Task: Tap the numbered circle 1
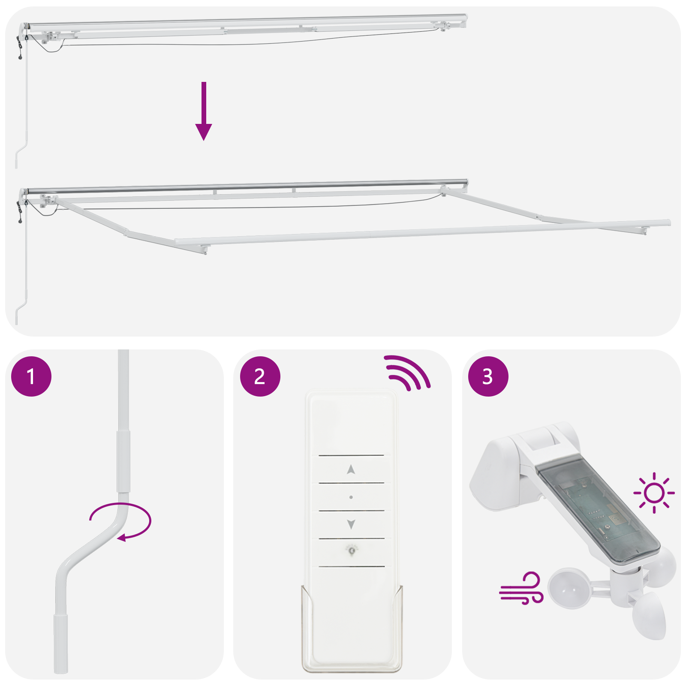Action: point(31,376)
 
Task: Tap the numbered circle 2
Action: point(260,376)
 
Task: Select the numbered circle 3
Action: point(488,376)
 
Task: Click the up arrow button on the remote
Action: point(351,470)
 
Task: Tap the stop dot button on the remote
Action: point(351,497)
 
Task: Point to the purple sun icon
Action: point(654,493)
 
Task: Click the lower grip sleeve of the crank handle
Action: point(60,643)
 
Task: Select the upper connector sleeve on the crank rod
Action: point(123,461)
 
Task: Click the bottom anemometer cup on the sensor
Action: point(650,616)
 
